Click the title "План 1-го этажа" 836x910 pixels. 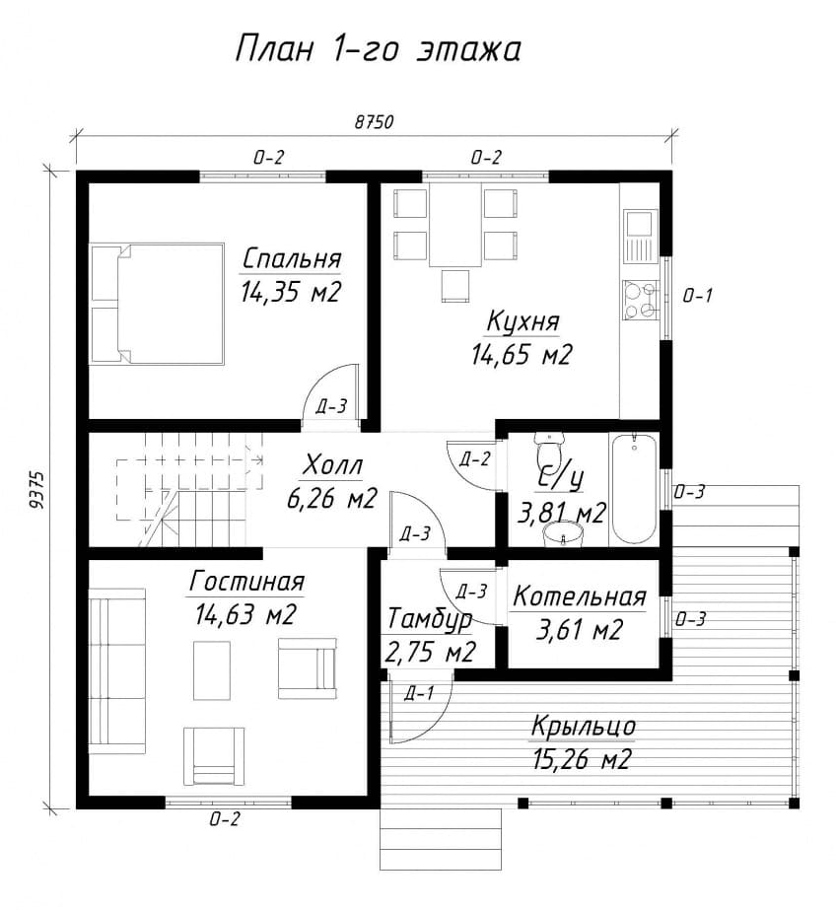tap(378, 48)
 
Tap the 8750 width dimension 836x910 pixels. tap(374, 122)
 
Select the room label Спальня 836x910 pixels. tap(291, 258)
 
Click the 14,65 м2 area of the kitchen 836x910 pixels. tap(521, 353)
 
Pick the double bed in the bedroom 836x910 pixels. tap(157, 304)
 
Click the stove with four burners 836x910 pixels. tap(640, 300)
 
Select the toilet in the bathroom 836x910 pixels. tap(548, 448)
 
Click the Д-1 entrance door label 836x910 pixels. tap(418, 692)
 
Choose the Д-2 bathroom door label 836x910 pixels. tap(474, 459)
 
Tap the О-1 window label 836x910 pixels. tap(697, 296)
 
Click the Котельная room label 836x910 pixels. tap(579, 596)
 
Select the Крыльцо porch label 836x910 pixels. tap(583, 727)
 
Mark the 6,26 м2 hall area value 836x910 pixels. tap(332, 498)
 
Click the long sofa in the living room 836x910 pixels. tap(116, 670)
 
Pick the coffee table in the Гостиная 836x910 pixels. tap(212, 670)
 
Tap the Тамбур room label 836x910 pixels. tap(430, 619)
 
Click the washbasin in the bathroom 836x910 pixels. tap(563, 534)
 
